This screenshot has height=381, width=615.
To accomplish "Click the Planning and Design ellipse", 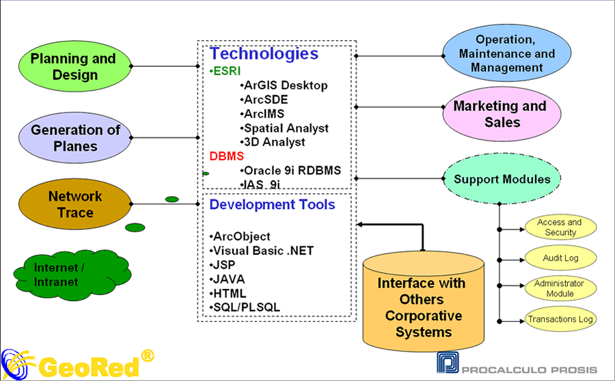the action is [x=75, y=66].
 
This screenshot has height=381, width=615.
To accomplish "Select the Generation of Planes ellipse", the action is [x=75, y=138].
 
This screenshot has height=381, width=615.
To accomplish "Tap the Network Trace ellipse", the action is [x=75, y=204].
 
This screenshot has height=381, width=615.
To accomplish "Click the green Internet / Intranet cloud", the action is [x=72, y=274].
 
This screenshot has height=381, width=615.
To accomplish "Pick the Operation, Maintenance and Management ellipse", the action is [x=507, y=53].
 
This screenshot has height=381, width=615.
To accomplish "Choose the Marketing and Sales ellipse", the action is [x=502, y=113].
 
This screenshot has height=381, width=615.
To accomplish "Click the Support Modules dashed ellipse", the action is [x=502, y=179].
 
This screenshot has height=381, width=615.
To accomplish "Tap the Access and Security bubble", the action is [x=560, y=227].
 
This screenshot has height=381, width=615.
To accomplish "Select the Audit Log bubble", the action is [x=560, y=258].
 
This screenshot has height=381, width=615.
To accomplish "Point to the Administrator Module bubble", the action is [x=560, y=288].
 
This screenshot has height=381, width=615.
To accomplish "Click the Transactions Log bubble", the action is [x=560, y=319].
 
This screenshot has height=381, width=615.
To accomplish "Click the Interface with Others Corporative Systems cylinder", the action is [x=423, y=301].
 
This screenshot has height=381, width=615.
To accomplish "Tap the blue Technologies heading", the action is [x=264, y=54].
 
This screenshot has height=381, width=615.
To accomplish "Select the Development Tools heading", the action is [x=272, y=204].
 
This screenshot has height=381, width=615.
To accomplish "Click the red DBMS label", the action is [x=227, y=156].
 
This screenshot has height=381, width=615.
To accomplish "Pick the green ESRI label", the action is [x=225, y=71].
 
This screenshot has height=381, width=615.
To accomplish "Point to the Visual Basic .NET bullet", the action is [x=262, y=251].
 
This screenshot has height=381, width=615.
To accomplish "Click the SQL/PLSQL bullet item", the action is [x=245, y=307].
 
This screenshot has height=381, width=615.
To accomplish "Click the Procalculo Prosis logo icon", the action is [x=448, y=362].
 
